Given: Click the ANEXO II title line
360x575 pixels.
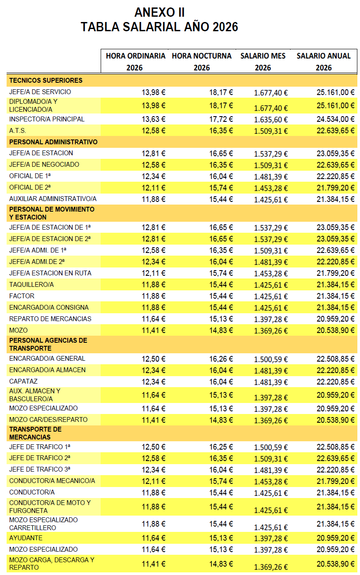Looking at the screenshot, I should click(x=159, y=12).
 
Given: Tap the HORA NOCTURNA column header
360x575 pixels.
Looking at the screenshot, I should click(x=201, y=56).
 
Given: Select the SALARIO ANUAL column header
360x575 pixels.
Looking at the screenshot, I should click(x=324, y=56).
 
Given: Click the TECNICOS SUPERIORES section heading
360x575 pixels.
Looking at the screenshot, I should click(x=46, y=81).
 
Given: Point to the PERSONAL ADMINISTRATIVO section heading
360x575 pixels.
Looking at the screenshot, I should click(x=53, y=142).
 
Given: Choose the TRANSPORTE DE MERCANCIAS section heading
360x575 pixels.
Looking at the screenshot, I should click(x=35, y=433).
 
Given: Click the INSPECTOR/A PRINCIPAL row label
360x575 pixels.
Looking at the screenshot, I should click(x=47, y=119).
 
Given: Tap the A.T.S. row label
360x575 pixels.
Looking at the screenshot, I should click(x=18, y=131).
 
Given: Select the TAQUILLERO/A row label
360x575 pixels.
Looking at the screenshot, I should click(x=31, y=285).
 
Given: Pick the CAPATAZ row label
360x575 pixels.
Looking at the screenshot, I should click(x=23, y=381).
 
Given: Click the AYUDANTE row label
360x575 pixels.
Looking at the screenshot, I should click(x=25, y=538).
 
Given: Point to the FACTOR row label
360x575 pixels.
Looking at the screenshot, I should click(x=22, y=296).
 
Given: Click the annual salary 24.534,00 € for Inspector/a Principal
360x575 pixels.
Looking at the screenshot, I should click(x=335, y=119).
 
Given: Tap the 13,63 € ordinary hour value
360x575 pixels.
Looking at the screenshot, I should click(x=153, y=119).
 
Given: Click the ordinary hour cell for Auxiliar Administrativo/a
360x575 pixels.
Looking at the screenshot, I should click(x=153, y=199).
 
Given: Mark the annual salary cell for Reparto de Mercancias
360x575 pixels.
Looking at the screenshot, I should click(x=335, y=319).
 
